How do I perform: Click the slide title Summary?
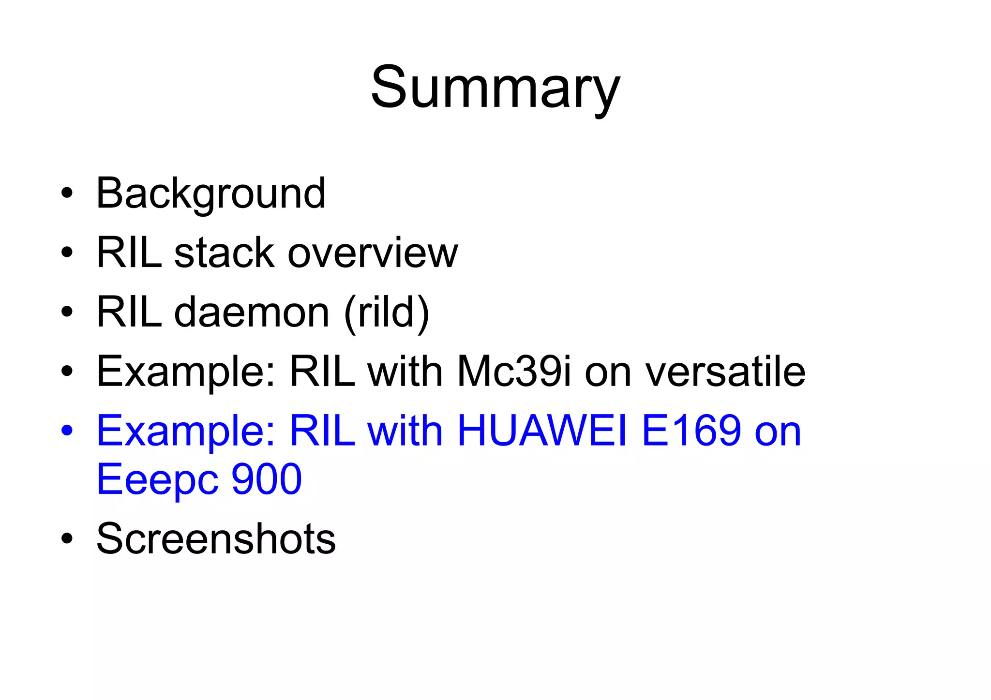click(x=495, y=89)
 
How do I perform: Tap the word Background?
click(x=210, y=194)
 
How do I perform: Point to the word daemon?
click(x=252, y=312)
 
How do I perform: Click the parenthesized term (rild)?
click(x=387, y=313)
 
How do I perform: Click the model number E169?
click(x=691, y=431)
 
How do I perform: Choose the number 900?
click(x=267, y=479)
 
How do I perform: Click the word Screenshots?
click(x=216, y=538)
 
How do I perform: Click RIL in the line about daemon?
click(x=129, y=312)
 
